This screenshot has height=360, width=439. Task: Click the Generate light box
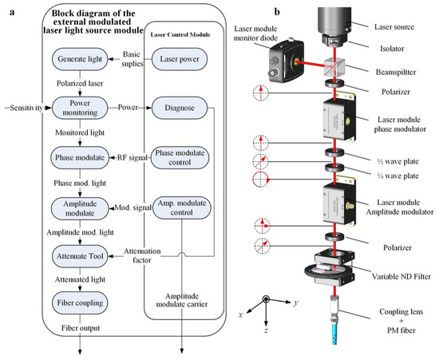[77, 58]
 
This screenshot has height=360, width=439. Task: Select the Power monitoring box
[77, 107]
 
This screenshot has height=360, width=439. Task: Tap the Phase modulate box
[77, 157]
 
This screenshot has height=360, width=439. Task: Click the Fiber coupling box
[77, 303]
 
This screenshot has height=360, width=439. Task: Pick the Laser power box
[179, 58]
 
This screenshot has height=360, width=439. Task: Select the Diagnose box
[179, 107]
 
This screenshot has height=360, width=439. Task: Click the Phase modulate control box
[179, 157]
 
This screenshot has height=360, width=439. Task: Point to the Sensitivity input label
[24, 105]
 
